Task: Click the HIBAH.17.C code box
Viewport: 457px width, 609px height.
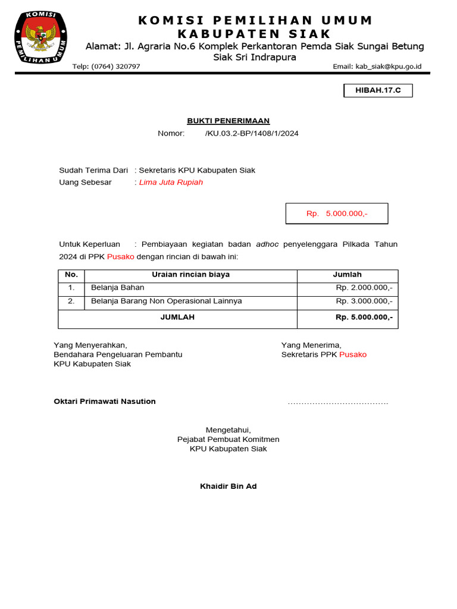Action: coord(378,90)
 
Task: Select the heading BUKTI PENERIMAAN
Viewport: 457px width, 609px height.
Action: coord(228,121)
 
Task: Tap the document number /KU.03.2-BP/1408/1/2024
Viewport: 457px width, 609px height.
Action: coord(252,133)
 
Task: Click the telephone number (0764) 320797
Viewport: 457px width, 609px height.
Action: coord(107,66)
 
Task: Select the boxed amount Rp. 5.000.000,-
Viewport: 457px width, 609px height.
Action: coord(337,214)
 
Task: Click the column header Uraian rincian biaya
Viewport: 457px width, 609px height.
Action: coord(190,275)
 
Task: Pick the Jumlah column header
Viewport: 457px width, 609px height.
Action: coord(347,275)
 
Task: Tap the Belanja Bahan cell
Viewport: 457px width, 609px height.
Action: coord(117,288)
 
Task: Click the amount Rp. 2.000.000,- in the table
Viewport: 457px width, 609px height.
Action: coord(364,288)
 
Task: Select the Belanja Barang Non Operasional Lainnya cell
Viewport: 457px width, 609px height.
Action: coord(166,301)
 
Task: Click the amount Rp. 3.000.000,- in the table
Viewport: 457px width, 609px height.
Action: coord(364,301)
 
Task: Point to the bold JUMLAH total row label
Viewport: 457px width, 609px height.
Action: coord(177,318)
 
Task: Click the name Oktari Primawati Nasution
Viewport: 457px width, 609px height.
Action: coord(105,401)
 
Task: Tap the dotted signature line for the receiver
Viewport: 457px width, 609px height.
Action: coord(337,403)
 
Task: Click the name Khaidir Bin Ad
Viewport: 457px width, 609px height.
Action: coord(228,486)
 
